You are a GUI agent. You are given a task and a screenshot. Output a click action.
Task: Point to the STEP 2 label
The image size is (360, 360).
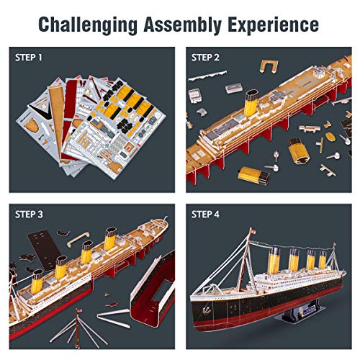pyautogui.click(x=207, y=57)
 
